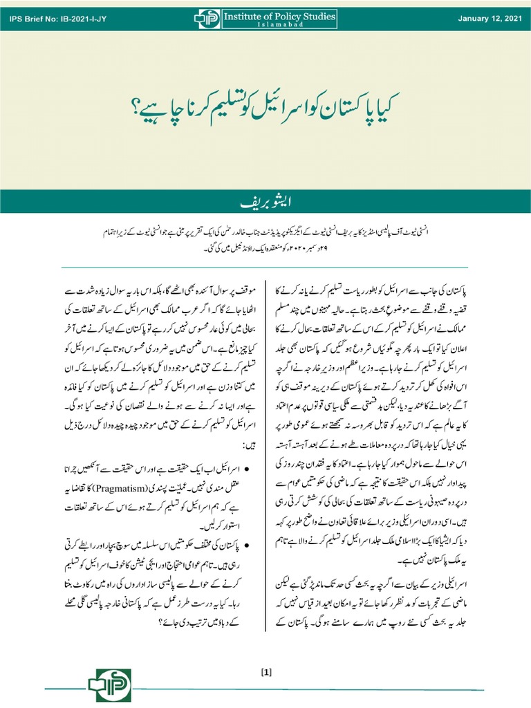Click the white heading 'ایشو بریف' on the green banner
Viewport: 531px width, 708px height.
tap(265, 203)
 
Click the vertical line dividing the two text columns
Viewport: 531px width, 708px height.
tap(266, 449)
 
